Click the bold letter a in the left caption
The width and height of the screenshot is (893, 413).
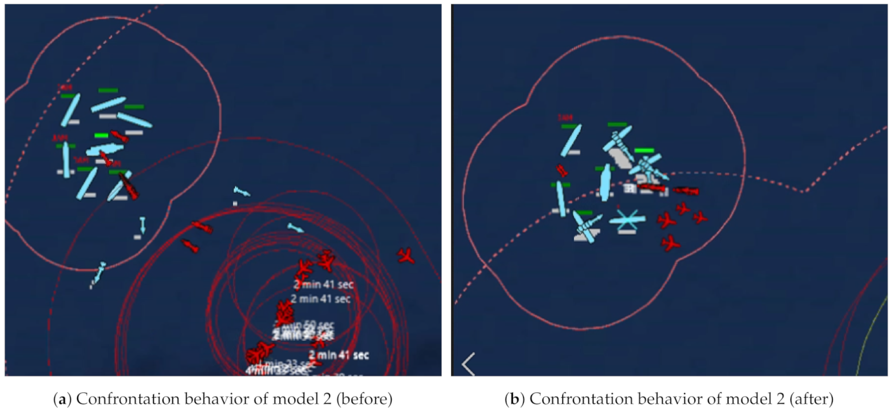click(62, 399)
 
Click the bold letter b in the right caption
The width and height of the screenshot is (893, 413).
click(514, 399)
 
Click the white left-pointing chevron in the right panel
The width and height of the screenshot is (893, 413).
click(468, 364)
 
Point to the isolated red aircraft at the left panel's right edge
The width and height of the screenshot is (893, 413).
click(406, 255)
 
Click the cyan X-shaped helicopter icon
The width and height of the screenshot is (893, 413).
click(627, 220)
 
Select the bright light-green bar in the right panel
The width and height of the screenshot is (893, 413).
click(644, 151)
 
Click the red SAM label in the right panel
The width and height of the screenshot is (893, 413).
click(565, 118)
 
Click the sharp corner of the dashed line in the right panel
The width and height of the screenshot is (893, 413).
click(803, 191)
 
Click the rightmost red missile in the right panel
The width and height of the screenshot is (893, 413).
click(686, 191)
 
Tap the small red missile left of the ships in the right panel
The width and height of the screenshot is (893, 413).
click(562, 171)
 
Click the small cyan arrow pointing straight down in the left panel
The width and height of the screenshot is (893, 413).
click(142, 223)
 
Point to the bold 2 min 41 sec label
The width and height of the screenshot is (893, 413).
click(338, 355)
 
